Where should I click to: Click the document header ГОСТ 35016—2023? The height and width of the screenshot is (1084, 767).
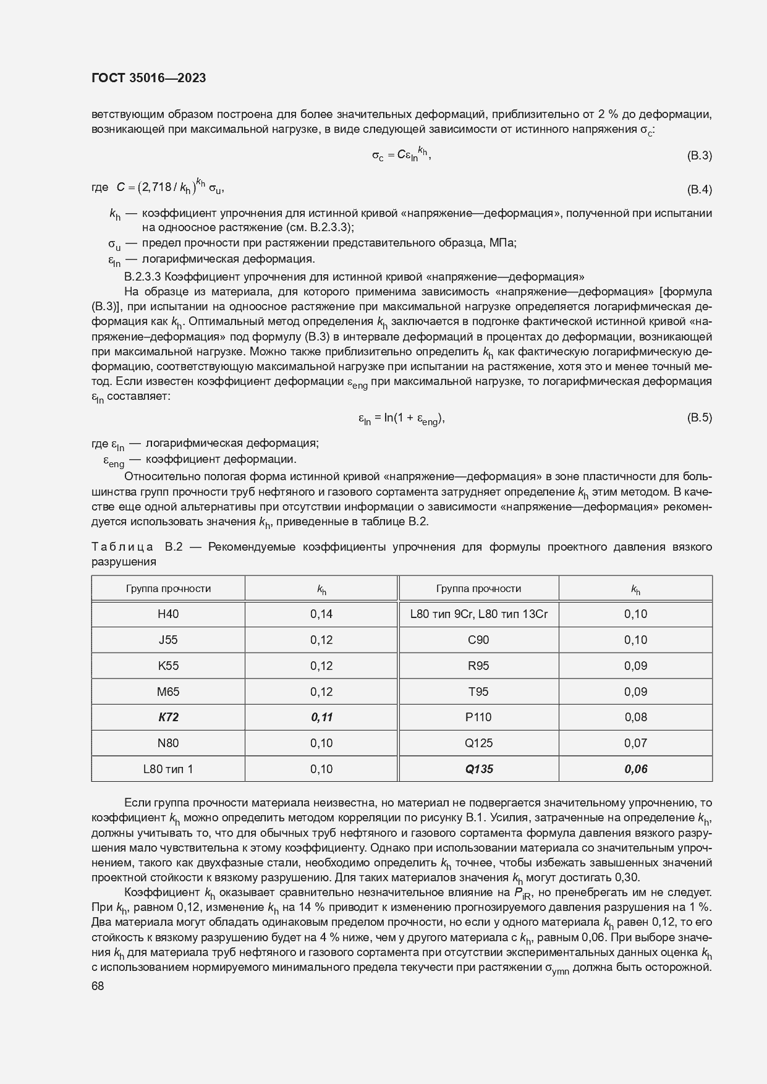(x=148, y=78)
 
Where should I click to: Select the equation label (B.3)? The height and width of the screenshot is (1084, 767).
(x=699, y=156)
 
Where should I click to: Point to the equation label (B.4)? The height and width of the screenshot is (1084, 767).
(x=699, y=189)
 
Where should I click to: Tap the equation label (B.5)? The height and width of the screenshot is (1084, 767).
(x=699, y=418)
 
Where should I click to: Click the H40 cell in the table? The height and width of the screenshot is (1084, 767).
(x=168, y=614)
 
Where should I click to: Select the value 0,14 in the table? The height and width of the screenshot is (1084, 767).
(x=321, y=614)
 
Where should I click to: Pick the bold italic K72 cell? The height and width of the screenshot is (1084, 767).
(x=168, y=717)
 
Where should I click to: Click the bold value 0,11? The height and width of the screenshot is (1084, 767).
(x=321, y=717)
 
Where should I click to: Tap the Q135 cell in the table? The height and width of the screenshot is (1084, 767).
(x=479, y=769)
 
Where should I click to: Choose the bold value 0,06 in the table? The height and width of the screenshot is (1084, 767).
(x=635, y=769)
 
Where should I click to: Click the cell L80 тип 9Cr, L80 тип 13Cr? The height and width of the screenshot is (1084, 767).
(x=479, y=614)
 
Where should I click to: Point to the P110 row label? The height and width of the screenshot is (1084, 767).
(x=479, y=717)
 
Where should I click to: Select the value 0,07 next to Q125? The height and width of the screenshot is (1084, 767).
(x=635, y=743)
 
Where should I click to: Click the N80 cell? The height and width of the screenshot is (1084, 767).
(x=168, y=743)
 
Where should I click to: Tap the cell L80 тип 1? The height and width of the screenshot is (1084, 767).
(x=168, y=769)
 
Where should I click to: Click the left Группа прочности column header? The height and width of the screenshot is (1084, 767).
(x=168, y=588)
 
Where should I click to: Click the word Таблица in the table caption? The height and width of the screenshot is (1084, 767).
(x=122, y=547)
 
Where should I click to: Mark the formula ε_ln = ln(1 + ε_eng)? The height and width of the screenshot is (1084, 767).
(x=401, y=419)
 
